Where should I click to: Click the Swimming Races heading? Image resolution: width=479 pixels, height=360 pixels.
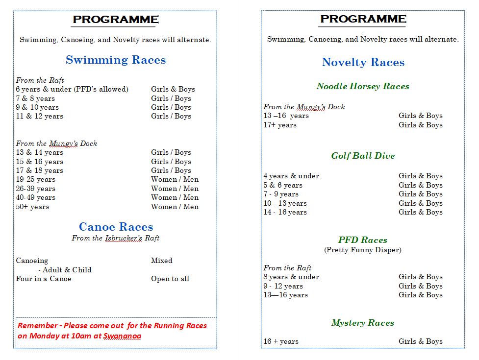click(x=116, y=60)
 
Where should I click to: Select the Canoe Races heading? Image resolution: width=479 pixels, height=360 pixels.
click(x=116, y=227)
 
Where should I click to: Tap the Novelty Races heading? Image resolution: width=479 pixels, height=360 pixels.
click(x=363, y=63)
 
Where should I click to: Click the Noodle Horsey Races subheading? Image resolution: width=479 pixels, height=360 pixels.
click(x=363, y=87)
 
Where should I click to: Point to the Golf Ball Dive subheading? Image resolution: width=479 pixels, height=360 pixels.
click(x=363, y=156)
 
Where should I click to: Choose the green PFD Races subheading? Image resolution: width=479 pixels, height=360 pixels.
click(x=363, y=240)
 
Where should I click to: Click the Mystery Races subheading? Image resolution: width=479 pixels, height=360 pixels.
click(x=363, y=323)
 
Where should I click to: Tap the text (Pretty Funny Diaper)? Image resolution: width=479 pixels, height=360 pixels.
click(x=363, y=250)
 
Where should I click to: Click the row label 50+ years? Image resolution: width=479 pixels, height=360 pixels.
click(x=32, y=207)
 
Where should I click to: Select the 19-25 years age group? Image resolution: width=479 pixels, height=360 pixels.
click(x=36, y=179)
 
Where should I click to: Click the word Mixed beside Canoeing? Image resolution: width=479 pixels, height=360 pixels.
click(x=162, y=261)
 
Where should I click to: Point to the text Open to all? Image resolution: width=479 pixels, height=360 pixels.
click(x=170, y=279)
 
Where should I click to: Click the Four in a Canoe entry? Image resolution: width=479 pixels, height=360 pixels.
click(x=44, y=279)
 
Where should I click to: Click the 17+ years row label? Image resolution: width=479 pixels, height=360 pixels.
click(x=280, y=125)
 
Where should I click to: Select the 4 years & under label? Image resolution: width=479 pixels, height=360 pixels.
click(x=291, y=176)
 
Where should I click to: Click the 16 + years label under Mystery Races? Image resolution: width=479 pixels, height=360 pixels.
click(x=281, y=341)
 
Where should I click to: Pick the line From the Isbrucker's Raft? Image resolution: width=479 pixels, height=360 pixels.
click(x=116, y=238)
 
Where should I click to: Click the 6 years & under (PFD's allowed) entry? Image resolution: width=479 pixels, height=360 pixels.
click(x=72, y=89)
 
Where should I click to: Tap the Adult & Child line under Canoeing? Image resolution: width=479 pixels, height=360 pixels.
click(x=65, y=270)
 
